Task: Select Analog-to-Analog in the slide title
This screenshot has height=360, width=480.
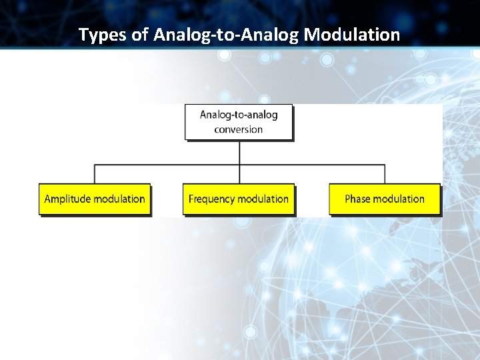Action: [x=227, y=35]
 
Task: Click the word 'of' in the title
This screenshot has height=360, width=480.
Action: [x=140, y=35]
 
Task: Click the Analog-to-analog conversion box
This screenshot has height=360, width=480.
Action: [x=239, y=121]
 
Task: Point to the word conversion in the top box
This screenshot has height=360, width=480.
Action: [x=239, y=129]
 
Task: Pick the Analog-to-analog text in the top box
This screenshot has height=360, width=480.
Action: [x=239, y=114]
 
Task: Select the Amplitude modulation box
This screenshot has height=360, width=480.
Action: [x=95, y=199]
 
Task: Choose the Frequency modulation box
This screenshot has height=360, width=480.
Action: [x=239, y=199]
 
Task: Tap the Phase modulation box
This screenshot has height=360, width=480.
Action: [x=385, y=199]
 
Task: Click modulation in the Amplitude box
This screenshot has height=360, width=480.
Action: [x=119, y=199]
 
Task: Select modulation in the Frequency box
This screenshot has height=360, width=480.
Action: [x=264, y=199]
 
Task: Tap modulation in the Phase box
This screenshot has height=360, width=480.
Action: [x=399, y=199]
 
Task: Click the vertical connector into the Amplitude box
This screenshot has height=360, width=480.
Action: [x=95, y=174]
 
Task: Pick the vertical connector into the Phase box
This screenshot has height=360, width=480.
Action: [x=385, y=174]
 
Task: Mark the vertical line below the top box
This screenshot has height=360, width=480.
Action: [x=239, y=152]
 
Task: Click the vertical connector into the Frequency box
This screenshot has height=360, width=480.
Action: [x=239, y=175]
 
